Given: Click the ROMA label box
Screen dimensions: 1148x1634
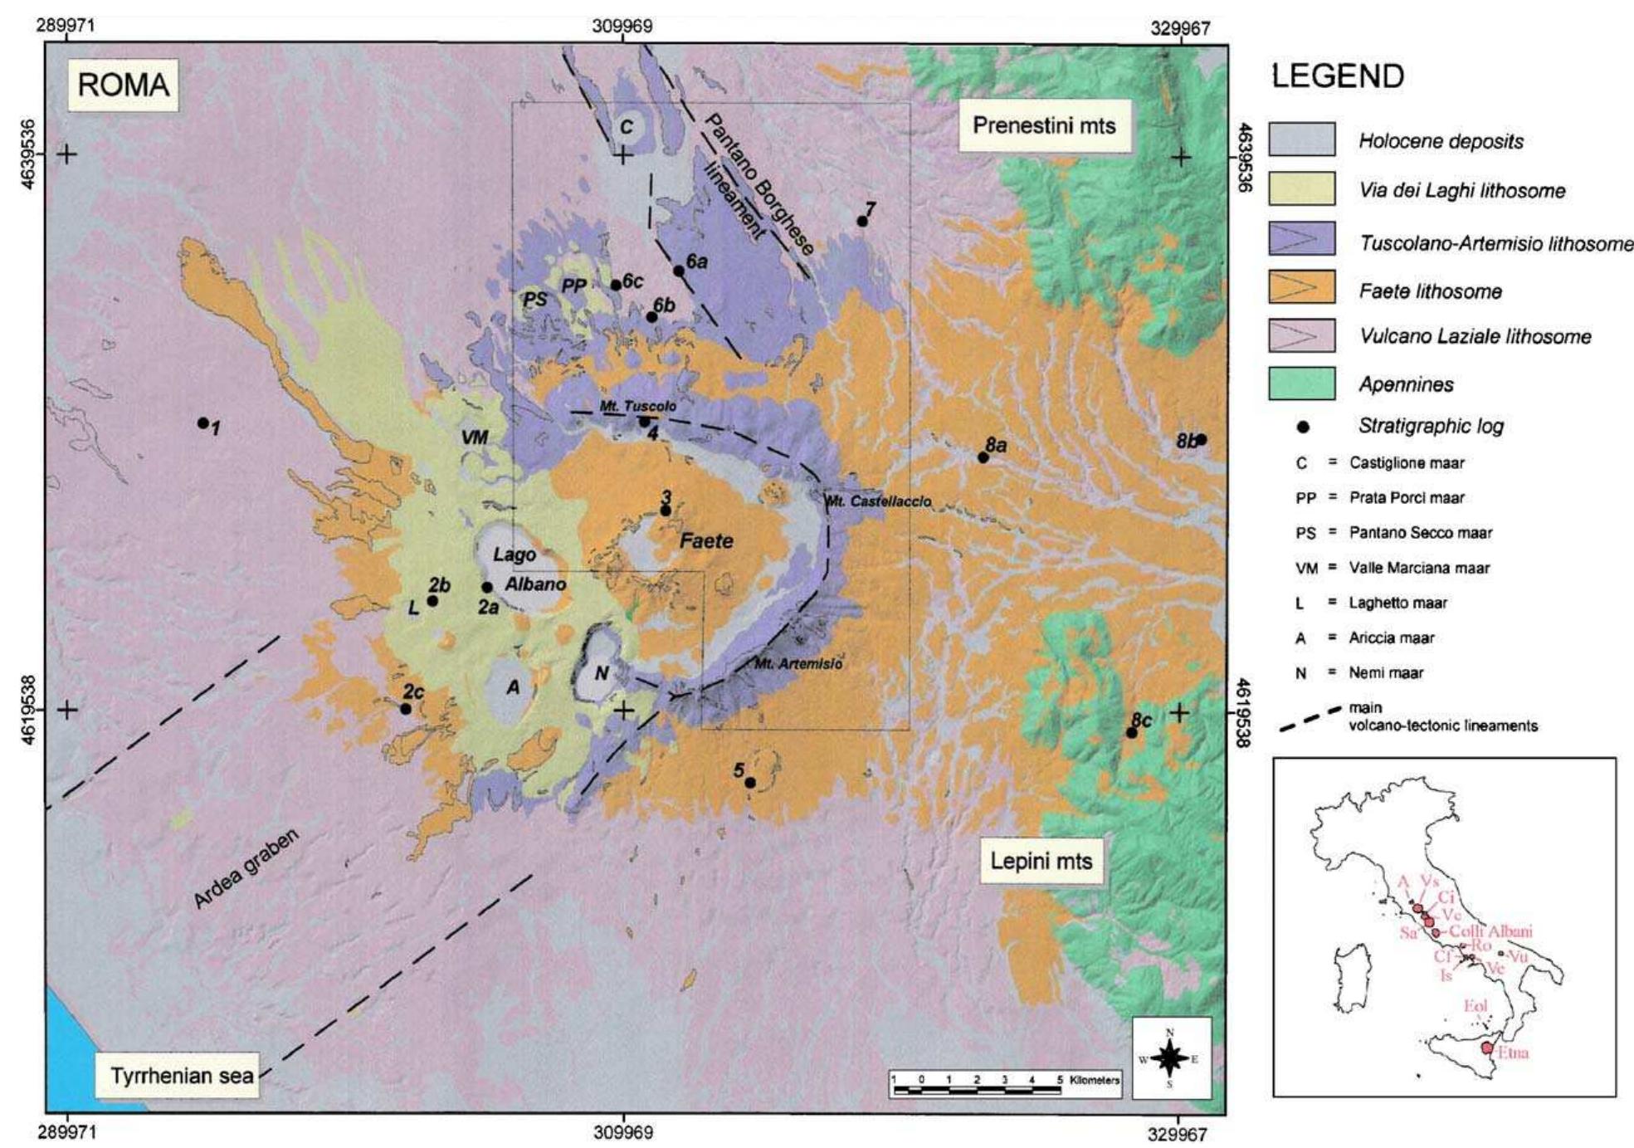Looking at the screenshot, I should pyautogui.click(x=123, y=85).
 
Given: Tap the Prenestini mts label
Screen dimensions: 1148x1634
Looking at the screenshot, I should pyautogui.click(x=1044, y=126).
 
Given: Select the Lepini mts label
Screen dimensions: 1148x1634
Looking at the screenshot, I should pyautogui.click(x=1041, y=861).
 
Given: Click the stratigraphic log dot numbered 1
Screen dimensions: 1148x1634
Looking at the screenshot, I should pyautogui.click(x=202, y=423).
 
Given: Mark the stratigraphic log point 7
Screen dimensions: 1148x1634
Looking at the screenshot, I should pyautogui.click(x=862, y=222).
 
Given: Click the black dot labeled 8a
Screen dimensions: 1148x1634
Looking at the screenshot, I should pyautogui.click(x=983, y=457).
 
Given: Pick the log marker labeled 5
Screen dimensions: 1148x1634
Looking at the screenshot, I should pyautogui.click(x=749, y=783).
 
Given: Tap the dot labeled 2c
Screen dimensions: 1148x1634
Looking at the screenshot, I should pyautogui.click(x=405, y=709).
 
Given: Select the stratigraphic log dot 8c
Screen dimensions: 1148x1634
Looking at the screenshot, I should pyautogui.click(x=1131, y=733).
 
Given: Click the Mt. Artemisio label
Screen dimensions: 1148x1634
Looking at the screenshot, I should pyautogui.click(x=798, y=664).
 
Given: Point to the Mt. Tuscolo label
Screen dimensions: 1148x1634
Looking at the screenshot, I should pyautogui.click(x=637, y=406).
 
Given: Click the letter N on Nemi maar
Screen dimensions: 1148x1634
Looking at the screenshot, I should pyautogui.click(x=602, y=673).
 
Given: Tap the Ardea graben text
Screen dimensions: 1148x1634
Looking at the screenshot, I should pyautogui.click(x=246, y=867).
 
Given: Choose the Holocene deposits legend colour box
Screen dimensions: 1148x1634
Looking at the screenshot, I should pyautogui.click(x=1301, y=139).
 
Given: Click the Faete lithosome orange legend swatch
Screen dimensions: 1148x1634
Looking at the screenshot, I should pyautogui.click(x=1301, y=287).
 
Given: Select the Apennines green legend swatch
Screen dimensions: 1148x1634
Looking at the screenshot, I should pyautogui.click(x=1301, y=383).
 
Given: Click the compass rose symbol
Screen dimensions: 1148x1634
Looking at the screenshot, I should pyautogui.click(x=1170, y=1058).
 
